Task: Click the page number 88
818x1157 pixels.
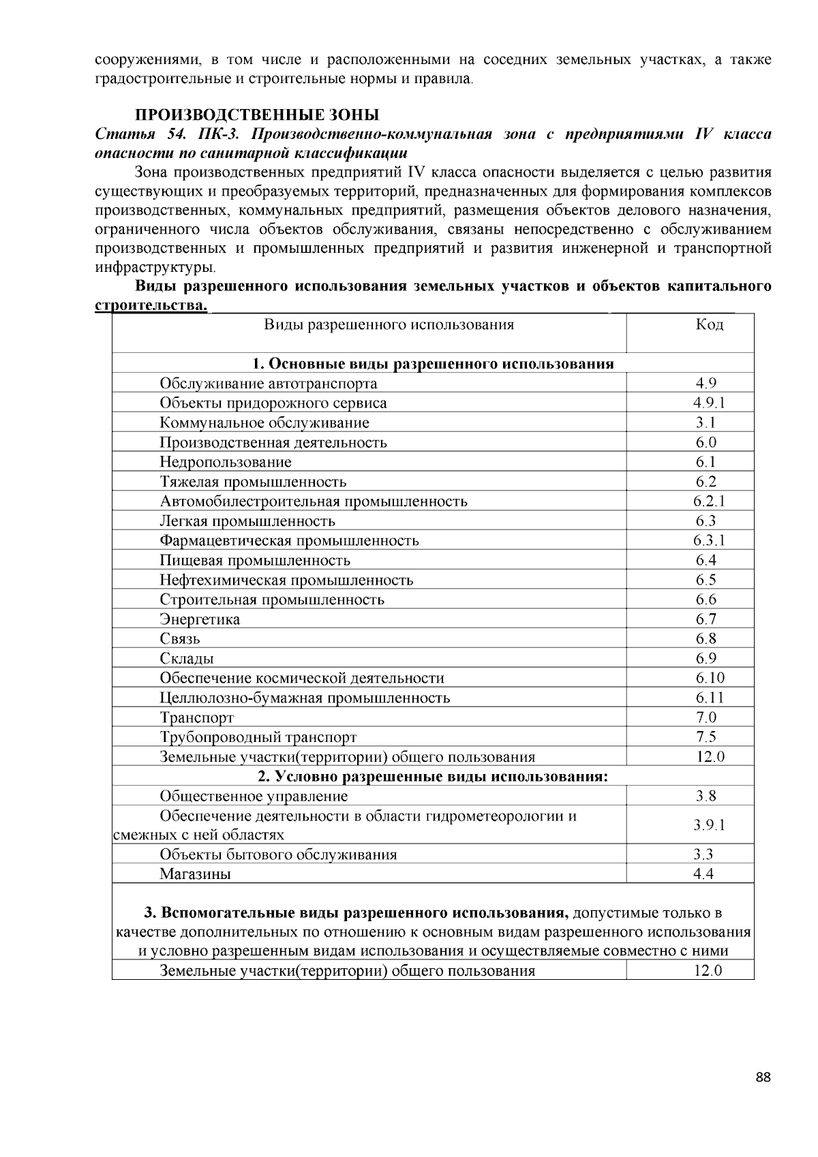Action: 763,1077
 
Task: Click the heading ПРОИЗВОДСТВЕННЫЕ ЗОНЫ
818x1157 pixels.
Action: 256,114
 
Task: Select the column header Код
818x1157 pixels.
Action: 709,324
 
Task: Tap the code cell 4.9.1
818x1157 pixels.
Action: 708,403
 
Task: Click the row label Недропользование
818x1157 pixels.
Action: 226,462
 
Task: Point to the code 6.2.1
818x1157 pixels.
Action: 708,502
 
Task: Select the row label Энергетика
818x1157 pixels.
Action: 200,619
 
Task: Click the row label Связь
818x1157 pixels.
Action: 180,639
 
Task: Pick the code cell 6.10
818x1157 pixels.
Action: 710,678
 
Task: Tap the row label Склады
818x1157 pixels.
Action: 187,659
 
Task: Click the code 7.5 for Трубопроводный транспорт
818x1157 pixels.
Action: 706,737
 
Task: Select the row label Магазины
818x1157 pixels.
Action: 195,874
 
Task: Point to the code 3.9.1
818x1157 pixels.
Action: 709,825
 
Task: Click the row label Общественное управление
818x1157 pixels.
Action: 254,797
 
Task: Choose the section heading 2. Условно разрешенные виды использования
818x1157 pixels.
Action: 433,777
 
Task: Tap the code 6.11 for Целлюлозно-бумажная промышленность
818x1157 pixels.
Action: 709,698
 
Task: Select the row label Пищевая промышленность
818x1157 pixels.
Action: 255,561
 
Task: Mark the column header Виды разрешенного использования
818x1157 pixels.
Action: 389,324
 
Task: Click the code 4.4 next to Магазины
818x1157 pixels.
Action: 703,874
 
